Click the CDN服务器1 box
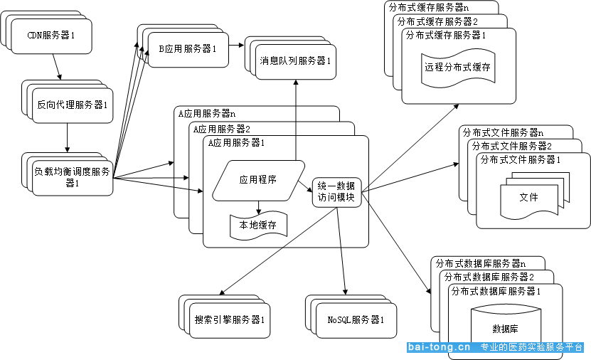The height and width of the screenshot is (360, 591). pyautogui.click(x=52, y=36)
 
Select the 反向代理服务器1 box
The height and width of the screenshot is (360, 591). pyautogui.click(x=73, y=105)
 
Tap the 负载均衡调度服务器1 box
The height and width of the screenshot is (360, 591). pyautogui.click(x=73, y=178)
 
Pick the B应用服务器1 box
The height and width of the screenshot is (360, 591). pyautogui.click(x=188, y=50)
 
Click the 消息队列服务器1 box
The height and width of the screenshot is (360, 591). pyautogui.click(x=296, y=62)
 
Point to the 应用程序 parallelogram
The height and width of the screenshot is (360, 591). pyautogui.click(x=259, y=181)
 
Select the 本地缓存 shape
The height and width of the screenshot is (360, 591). pyautogui.click(x=259, y=226)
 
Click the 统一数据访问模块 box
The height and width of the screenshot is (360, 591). pyautogui.click(x=337, y=192)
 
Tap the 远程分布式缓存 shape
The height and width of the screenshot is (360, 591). pyautogui.click(x=458, y=68)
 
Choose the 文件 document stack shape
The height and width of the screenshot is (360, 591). pyautogui.click(x=535, y=196)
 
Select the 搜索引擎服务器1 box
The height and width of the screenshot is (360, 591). pyautogui.click(x=230, y=320)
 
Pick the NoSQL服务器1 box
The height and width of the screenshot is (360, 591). pyautogui.click(x=356, y=320)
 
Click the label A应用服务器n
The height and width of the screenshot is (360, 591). pyautogui.click(x=207, y=113)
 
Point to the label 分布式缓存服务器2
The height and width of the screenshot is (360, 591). pyautogui.click(x=437, y=21)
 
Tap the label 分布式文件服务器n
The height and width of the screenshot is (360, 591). pyautogui.click(x=504, y=133)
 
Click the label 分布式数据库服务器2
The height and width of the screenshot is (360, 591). pyautogui.click(x=489, y=277)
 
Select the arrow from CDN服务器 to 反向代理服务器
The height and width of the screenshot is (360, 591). pyautogui.click(x=56, y=67)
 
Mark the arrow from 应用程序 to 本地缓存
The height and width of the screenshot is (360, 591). pyautogui.click(x=259, y=207)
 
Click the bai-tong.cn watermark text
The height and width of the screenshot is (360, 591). pyautogui.click(x=439, y=347)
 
